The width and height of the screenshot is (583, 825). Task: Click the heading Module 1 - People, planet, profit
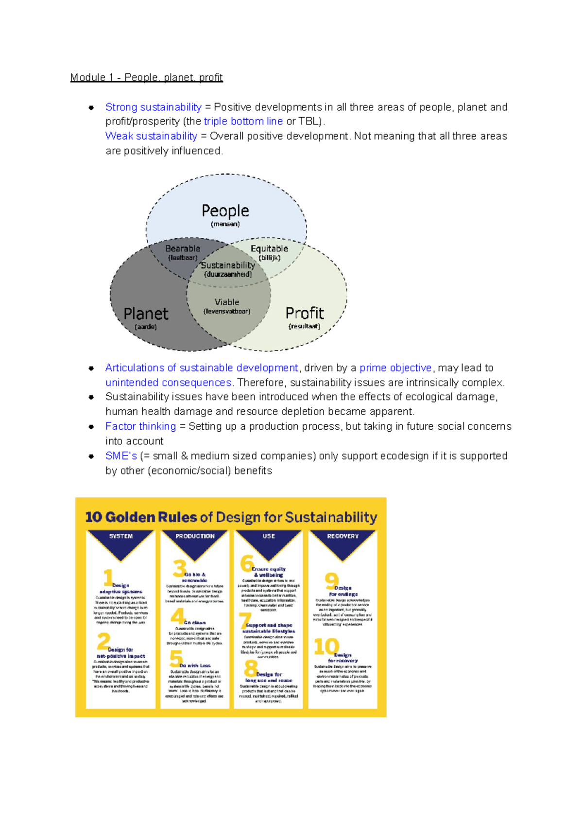click(146, 77)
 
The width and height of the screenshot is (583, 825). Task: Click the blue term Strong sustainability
click(153, 107)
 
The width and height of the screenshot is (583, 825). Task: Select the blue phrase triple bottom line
click(243, 121)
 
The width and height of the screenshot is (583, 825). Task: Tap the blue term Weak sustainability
click(151, 136)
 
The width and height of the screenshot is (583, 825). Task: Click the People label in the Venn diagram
click(225, 211)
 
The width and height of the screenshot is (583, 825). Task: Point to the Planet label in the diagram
click(146, 314)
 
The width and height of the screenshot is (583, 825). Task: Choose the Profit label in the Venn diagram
click(305, 313)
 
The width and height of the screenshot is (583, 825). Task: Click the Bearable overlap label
click(183, 249)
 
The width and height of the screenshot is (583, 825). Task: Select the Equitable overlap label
click(269, 249)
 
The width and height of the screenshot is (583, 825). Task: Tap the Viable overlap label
click(227, 302)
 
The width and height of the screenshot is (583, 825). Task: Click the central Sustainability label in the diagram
click(228, 265)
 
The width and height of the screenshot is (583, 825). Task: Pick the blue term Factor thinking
click(140, 426)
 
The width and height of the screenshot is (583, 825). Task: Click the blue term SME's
click(121, 456)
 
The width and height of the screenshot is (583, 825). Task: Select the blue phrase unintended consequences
click(168, 383)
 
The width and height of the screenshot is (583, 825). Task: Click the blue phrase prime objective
click(395, 368)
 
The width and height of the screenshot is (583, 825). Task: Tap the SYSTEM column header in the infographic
click(121, 536)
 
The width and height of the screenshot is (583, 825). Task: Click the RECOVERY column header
click(343, 536)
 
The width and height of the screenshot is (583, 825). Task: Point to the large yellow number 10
click(326, 647)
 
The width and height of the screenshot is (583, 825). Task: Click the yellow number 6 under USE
click(247, 563)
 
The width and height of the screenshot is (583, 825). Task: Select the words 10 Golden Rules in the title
click(141, 517)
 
